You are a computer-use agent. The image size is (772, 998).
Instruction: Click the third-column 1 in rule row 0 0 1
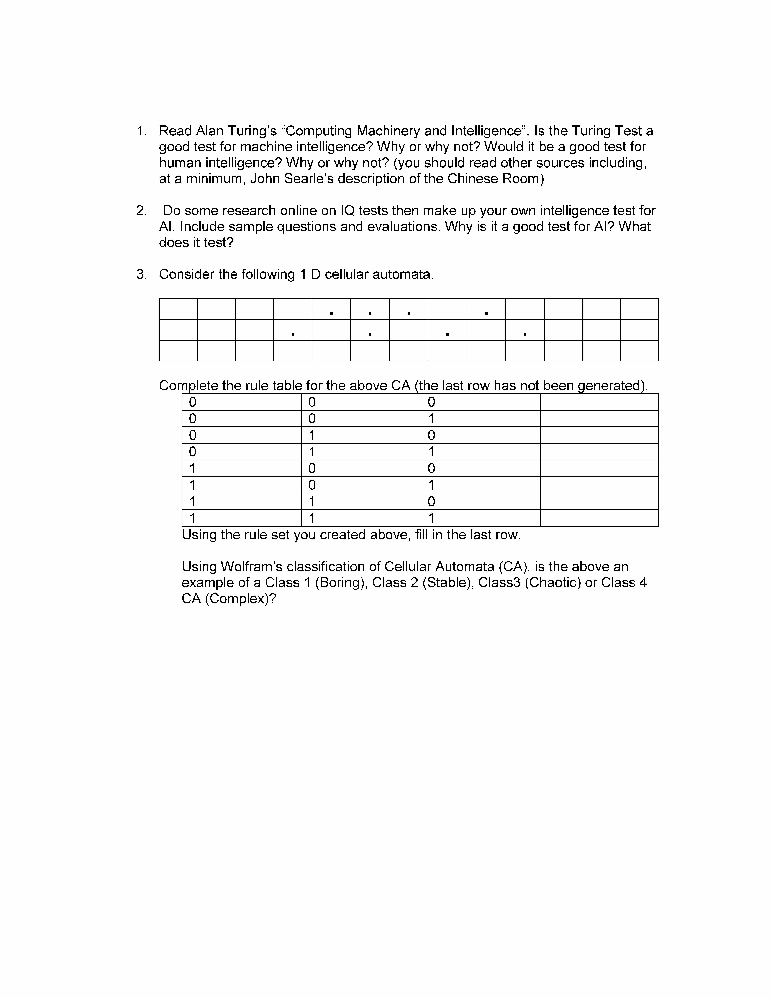pos(431,419)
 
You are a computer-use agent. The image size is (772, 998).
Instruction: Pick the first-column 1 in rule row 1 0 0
pos(192,468)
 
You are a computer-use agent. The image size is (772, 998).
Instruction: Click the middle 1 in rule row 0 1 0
pos(312,435)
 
